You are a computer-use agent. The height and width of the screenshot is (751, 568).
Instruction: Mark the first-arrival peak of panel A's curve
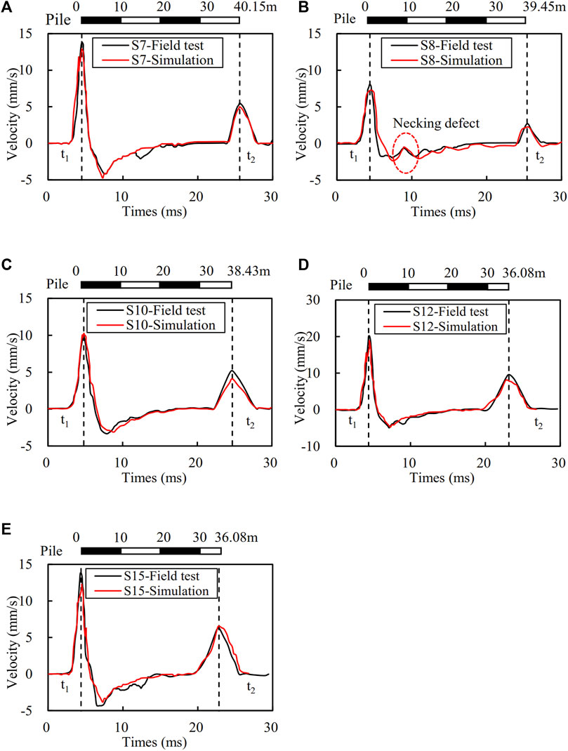(x=82, y=43)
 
